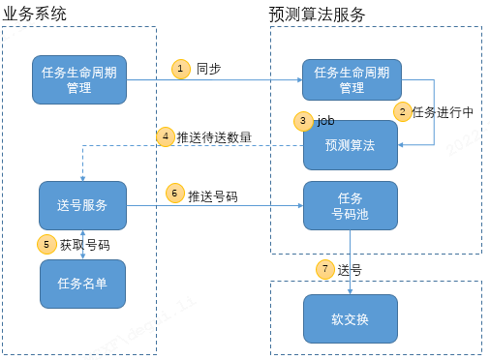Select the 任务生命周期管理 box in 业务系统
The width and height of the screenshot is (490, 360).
(x=80, y=80)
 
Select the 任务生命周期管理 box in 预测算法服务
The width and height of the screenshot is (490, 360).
(x=352, y=80)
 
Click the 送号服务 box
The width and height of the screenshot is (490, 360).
(x=82, y=205)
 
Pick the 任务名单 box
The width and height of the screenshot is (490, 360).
(x=82, y=283)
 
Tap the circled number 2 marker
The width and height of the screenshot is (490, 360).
(x=402, y=111)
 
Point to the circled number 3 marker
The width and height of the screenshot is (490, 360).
(x=304, y=121)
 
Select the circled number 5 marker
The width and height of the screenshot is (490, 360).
(x=46, y=245)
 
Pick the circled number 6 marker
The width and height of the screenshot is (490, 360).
(x=175, y=193)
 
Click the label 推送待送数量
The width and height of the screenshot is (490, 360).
(x=214, y=137)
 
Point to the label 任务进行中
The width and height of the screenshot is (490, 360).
(x=443, y=112)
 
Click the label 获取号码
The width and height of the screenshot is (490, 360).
(x=84, y=245)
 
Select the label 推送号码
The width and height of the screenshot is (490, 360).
(x=213, y=194)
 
